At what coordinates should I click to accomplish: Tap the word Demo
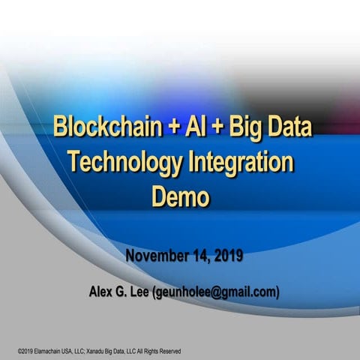(179, 196)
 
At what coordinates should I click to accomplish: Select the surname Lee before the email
(145, 291)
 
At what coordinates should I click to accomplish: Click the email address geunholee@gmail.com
(218, 292)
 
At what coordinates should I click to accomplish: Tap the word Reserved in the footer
(167, 351)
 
